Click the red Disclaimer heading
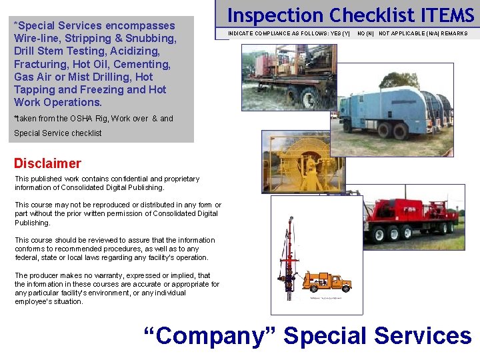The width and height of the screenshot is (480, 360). (47, 163)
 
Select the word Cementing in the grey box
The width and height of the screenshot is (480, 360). (144, 64)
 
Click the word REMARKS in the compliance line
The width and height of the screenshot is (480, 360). (453, 33)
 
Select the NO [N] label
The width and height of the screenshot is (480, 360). (365, 33)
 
